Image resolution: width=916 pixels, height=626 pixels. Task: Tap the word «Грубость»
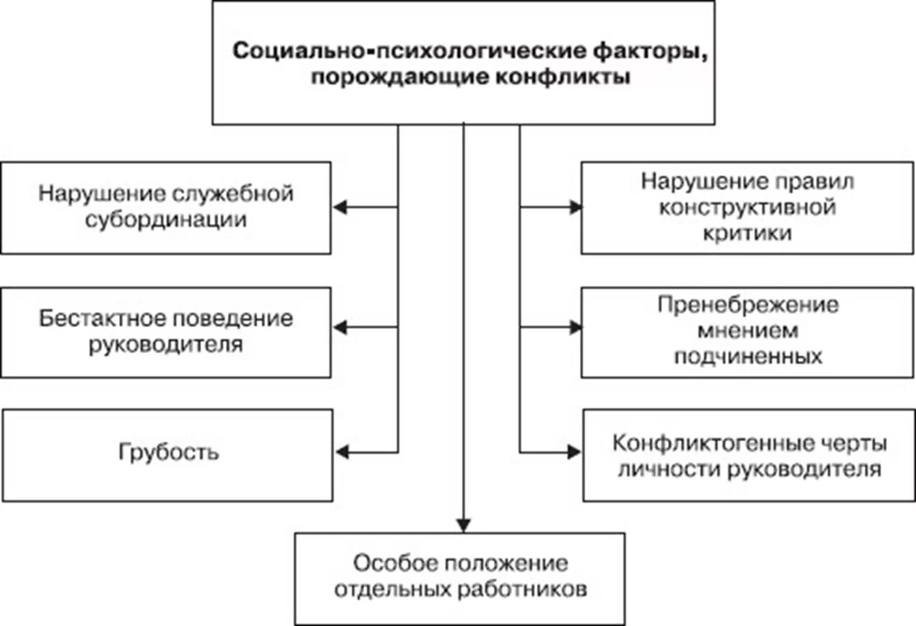click(169, 451)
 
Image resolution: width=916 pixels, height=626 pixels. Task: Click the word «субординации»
click(166, 220)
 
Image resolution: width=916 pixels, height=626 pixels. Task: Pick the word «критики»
click(747, 233)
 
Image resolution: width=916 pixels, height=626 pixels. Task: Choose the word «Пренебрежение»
click(748, 305)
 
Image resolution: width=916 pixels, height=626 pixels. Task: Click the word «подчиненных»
click(748, 356)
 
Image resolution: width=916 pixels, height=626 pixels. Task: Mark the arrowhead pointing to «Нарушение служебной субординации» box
click(340, 207)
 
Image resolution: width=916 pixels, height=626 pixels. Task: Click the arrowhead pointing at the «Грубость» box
click(343, 452)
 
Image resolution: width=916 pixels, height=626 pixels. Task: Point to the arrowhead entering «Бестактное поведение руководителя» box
click(340, 327)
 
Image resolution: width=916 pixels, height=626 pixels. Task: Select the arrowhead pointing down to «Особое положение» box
click(463, 525)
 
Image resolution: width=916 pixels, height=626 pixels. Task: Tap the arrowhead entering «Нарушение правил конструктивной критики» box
click(575, 207)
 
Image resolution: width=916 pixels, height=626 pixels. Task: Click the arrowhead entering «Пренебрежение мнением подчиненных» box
click(575, 327)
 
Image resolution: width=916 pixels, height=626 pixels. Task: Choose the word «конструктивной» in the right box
click(747, 207)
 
